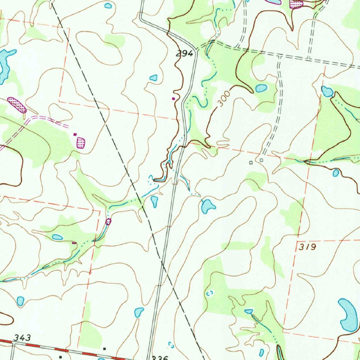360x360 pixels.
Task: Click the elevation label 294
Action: coord(185,54)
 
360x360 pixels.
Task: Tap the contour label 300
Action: coord(223,99)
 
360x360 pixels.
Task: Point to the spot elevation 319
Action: coord(308,247)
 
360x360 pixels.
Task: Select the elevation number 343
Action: coord(22,338)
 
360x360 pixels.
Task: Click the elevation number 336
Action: coord(158,357)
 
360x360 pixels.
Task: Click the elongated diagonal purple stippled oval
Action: coord(17,105)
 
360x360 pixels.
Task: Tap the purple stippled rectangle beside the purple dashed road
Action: coord(81,142)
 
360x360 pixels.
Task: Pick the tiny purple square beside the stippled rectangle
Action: coord(74,134)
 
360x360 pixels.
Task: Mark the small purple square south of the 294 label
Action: coord(173,99)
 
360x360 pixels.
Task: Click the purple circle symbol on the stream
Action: coord(108,221)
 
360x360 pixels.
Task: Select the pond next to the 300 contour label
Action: coord(261,88)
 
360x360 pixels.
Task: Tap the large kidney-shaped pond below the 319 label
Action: coord(348,315)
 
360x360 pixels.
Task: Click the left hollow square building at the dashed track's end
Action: coord(251,162)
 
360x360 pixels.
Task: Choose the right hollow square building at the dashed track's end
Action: coord(261,160)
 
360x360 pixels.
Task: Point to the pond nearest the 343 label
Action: coord(20,301)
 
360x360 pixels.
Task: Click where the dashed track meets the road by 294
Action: coord(197,49)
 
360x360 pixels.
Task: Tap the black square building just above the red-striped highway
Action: coord(105,349)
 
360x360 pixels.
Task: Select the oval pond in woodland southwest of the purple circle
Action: coord(57,237)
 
